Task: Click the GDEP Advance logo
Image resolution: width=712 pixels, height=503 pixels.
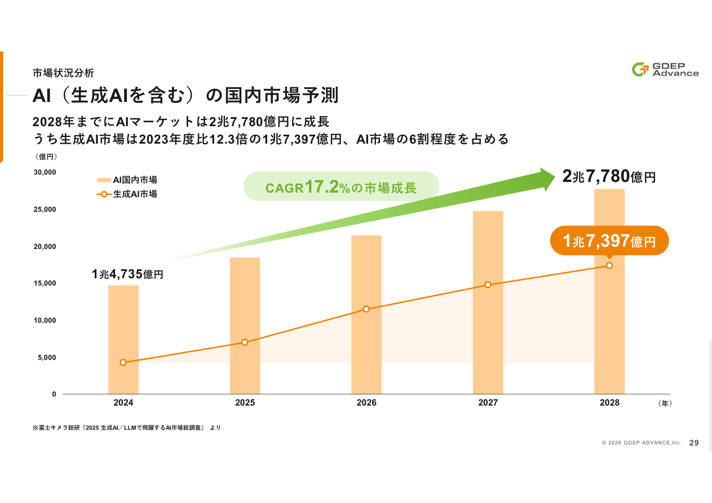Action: [665, 69]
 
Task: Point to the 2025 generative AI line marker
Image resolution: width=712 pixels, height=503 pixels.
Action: [245, 342]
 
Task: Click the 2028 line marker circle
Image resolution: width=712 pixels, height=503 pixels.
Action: [609, 265]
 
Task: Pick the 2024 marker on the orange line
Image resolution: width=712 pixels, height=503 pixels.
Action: [123, 363]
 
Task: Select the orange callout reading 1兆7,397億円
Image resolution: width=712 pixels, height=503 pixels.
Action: [609, 242]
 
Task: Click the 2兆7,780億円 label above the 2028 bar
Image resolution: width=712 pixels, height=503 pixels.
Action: [609, 177]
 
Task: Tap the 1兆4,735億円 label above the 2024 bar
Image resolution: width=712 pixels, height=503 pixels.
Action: [127, 274]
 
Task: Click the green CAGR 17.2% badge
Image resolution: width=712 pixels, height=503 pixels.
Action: [341, 187]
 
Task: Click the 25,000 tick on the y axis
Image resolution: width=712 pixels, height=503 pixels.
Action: [45, 210]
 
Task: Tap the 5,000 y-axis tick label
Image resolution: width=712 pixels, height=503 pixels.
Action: [47, 357]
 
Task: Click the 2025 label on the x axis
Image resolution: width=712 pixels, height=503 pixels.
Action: [245, 403]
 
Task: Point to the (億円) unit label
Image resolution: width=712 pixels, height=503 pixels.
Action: [46, 157]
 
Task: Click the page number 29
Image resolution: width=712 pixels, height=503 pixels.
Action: [694, 443]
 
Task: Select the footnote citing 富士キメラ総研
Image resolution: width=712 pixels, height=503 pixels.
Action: [127, 428]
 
